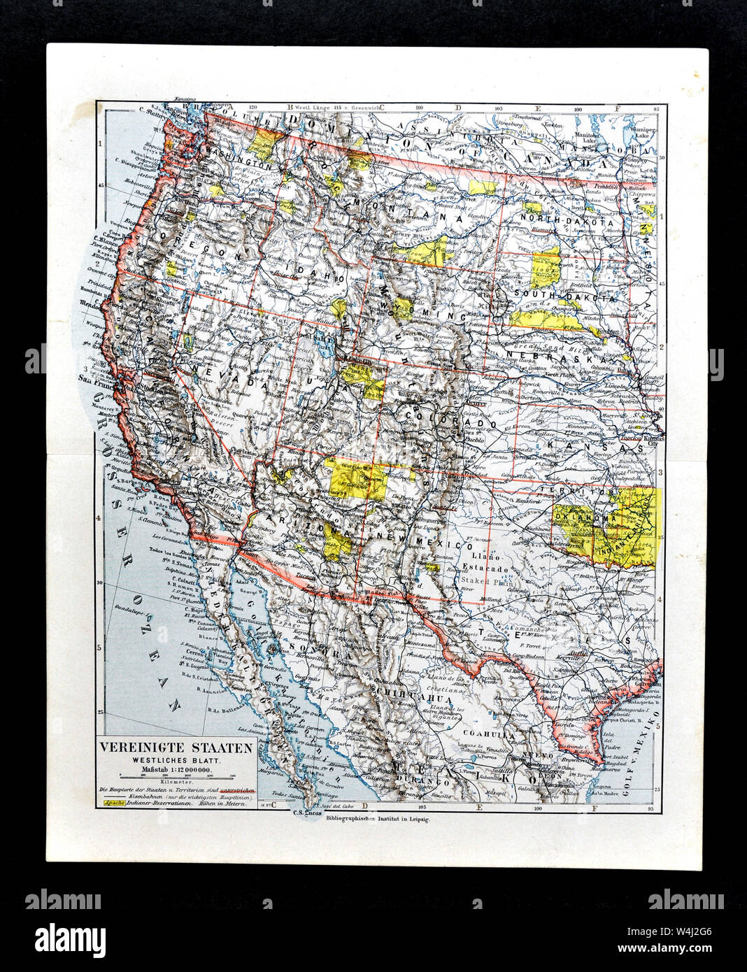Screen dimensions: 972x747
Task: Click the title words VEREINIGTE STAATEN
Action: point(175,745)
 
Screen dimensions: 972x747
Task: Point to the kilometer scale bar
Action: point(175,776)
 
